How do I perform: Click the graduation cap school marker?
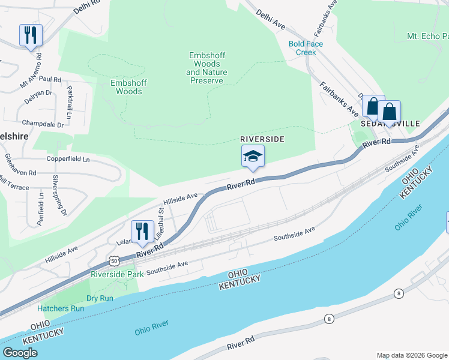pyautogui.click(x=253, y=157)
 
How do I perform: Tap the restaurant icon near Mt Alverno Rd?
pyautogui.click(x=31, y=35)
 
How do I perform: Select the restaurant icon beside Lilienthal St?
pyautogui.click(x=142, y=232)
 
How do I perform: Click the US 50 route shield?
pyautogui.click(x=114, y=260)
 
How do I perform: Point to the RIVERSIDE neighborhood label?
pyautogui.click(x=262, y=139)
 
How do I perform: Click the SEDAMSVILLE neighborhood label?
pyautogui.click(x=390, y=123)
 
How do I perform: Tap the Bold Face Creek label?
pyautogui.click(x=306, y=48)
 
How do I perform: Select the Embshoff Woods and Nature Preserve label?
pyautogui.click(x=207, y=68)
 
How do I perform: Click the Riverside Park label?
pyautogui.click(x=117, y=274)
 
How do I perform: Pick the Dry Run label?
pyautogui.click(x=100, y=298)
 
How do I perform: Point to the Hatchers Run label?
pyautogui.click(x=61, y=308)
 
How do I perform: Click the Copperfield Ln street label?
pyautogui.click(x=68, y=160)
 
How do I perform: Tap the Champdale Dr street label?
pyautogui.click(x=43, y=125)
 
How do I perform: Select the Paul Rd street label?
pyautogui.click(x=50, y=79)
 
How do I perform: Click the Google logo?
pyautogui.click(x=20, y=353)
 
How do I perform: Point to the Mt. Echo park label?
pyautogui.click(x=427, y=36)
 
